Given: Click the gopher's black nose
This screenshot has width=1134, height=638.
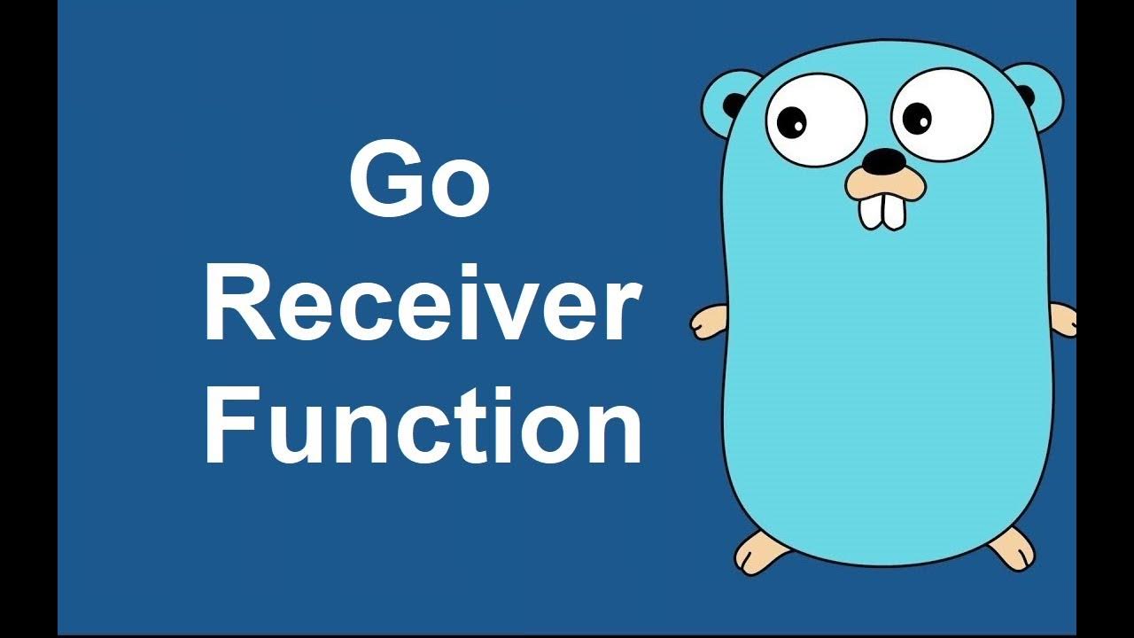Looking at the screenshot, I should (883, 160).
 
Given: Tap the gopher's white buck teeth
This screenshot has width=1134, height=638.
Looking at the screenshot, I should (882, 209).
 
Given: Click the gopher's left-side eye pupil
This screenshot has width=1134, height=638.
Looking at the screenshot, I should (795, 121).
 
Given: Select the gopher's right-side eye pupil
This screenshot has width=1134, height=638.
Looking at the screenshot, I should (918, 116).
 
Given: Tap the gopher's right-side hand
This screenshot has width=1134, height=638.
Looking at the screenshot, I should (1063, 319).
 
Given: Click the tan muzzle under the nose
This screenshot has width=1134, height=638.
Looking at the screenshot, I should (883, 184).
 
